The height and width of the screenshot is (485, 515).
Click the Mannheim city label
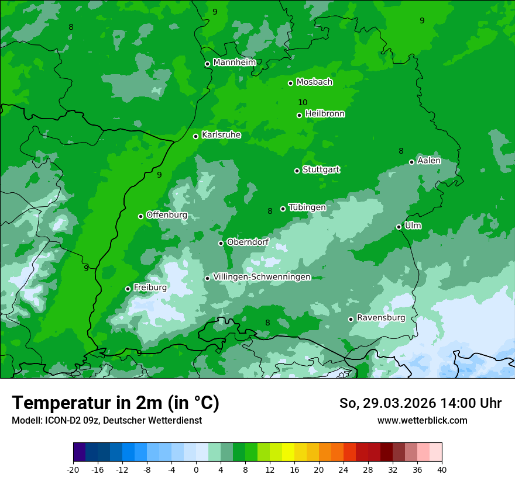[234, 63]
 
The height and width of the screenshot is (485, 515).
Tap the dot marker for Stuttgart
[297, 171]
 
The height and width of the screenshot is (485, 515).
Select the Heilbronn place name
[325, 114]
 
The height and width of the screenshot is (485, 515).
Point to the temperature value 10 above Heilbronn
[303, 102]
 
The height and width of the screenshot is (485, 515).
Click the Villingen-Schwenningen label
[262, 277]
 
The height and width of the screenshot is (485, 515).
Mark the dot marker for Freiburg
[128, 289]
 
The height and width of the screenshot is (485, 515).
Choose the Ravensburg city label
[381, 318]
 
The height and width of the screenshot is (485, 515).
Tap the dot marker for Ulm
[399, 227]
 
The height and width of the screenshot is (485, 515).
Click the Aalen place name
[429, 161]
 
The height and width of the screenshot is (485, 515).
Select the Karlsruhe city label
[221, 135]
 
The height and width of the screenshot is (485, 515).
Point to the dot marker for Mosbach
[290, 83]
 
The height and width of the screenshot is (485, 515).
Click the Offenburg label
[167, 215]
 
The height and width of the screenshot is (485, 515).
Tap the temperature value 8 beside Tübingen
[270, 211]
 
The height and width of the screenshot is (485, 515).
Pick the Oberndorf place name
[248, 242]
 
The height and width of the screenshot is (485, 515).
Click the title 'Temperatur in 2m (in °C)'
[115, 403]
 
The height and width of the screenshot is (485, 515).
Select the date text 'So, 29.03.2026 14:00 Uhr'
[420, 403]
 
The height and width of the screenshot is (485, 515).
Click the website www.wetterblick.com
[422, 421]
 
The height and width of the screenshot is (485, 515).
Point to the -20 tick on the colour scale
[73, 469]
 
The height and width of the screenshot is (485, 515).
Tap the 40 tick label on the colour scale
[441, 469]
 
